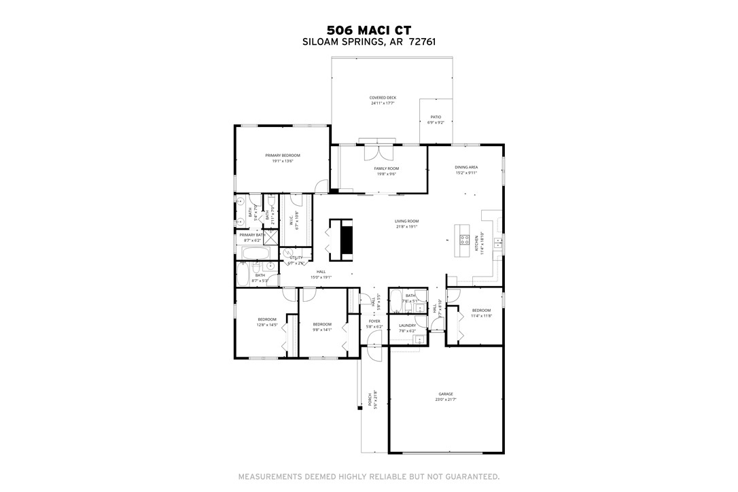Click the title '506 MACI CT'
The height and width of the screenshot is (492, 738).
click(368, 30)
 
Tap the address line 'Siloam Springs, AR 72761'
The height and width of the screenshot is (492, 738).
click(368, 41)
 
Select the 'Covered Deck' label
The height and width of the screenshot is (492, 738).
click(383, 98)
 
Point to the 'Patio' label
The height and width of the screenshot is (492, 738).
click(436, 117)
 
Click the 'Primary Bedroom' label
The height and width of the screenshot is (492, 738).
click(282, 156)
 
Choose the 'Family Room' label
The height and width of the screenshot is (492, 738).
click(386, 169)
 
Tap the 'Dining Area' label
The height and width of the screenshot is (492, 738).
click(466, 167)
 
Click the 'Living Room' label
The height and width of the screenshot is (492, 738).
click(406, 221)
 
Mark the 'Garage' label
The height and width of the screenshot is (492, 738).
click(445, 394)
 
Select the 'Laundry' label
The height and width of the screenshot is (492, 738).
click(407, 326)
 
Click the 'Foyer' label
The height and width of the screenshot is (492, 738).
click(374, 321)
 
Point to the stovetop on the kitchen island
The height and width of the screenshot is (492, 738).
click(465, 239)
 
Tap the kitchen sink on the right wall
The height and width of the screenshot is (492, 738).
click(499, 241)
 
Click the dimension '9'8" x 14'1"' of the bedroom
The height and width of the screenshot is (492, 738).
click(321, 330)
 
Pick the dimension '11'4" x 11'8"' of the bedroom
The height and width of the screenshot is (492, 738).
click(481, 316)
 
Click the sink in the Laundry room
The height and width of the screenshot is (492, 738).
click(419, 338)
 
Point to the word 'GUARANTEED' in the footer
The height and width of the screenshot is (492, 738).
click(468, 476)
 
